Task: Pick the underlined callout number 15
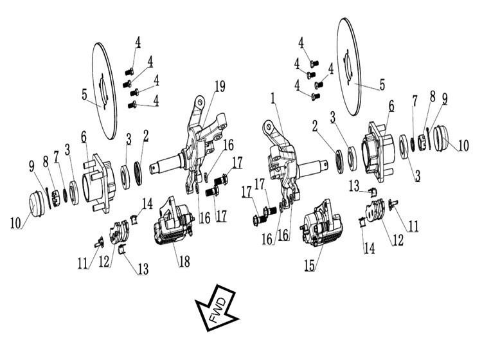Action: click(x=310, y=265)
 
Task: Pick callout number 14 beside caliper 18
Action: click(x=148, y=204)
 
